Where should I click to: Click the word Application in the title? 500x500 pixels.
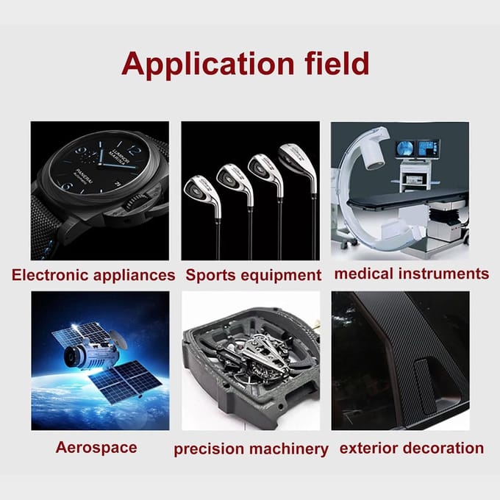point(208,64)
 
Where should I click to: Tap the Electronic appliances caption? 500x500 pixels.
point(93,275)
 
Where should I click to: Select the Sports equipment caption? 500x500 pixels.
point(254,276)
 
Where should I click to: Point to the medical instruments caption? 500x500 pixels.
point(412,274)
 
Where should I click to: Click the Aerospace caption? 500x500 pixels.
point(96,447)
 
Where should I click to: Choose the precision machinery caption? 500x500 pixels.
point(251,449)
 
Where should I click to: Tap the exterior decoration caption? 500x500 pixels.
point(412,448)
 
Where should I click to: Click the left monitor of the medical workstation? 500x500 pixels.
point(405,149)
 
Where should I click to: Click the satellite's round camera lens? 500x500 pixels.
point(71,357)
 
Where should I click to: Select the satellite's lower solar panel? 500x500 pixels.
point(125,382)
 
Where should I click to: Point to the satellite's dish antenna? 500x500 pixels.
point(118,339)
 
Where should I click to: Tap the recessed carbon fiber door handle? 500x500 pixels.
point(426,386)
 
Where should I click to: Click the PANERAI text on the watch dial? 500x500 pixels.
point(85,176)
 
